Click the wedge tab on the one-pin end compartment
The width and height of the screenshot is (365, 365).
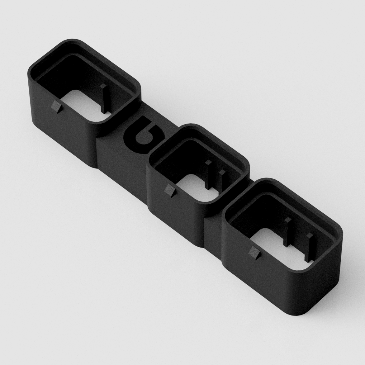coord(56,107)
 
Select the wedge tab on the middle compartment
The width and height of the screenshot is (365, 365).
coord(170,190)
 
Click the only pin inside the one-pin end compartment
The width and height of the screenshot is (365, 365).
coord(103,99)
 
